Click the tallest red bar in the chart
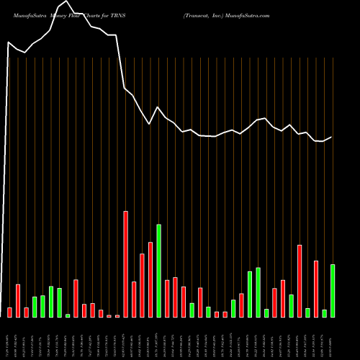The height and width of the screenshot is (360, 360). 126,264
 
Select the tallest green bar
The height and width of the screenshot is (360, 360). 159,271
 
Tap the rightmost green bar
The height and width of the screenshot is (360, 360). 333,291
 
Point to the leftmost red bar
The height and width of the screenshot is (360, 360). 10,312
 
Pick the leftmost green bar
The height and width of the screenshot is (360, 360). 35,307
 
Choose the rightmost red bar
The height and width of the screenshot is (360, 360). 316,289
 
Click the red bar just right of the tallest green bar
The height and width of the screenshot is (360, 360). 167,299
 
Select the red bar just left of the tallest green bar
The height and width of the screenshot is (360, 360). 150,279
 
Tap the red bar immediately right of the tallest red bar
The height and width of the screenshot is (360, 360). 134,300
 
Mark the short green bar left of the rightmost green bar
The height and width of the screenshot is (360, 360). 325,313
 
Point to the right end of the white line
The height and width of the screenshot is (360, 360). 332,137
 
